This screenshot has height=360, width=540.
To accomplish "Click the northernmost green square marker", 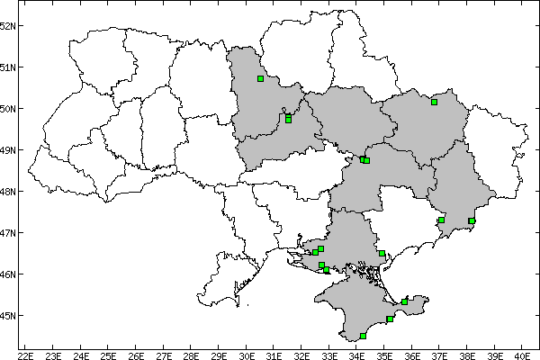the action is click(260, 78).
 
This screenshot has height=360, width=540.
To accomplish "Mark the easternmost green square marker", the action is click(472, 220).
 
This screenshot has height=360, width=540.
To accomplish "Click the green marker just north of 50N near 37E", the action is click(434, 102).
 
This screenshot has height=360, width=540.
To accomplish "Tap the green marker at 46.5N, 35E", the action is click(382, 253).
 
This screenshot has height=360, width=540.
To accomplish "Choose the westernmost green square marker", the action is click(260, 78).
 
